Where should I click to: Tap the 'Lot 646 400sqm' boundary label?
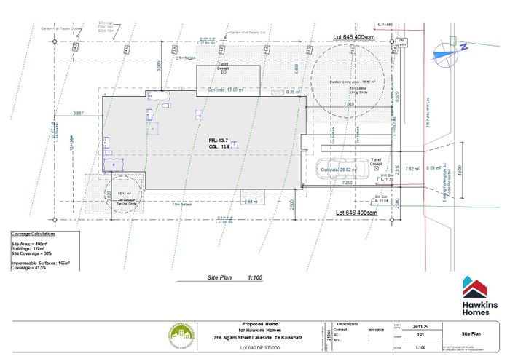(356, 213)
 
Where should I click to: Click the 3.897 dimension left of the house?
(79, 114)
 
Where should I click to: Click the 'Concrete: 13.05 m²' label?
(224, 90)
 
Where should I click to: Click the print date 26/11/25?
(419, 327)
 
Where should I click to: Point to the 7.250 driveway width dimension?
(350, 183)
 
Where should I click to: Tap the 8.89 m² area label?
(432, 168)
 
